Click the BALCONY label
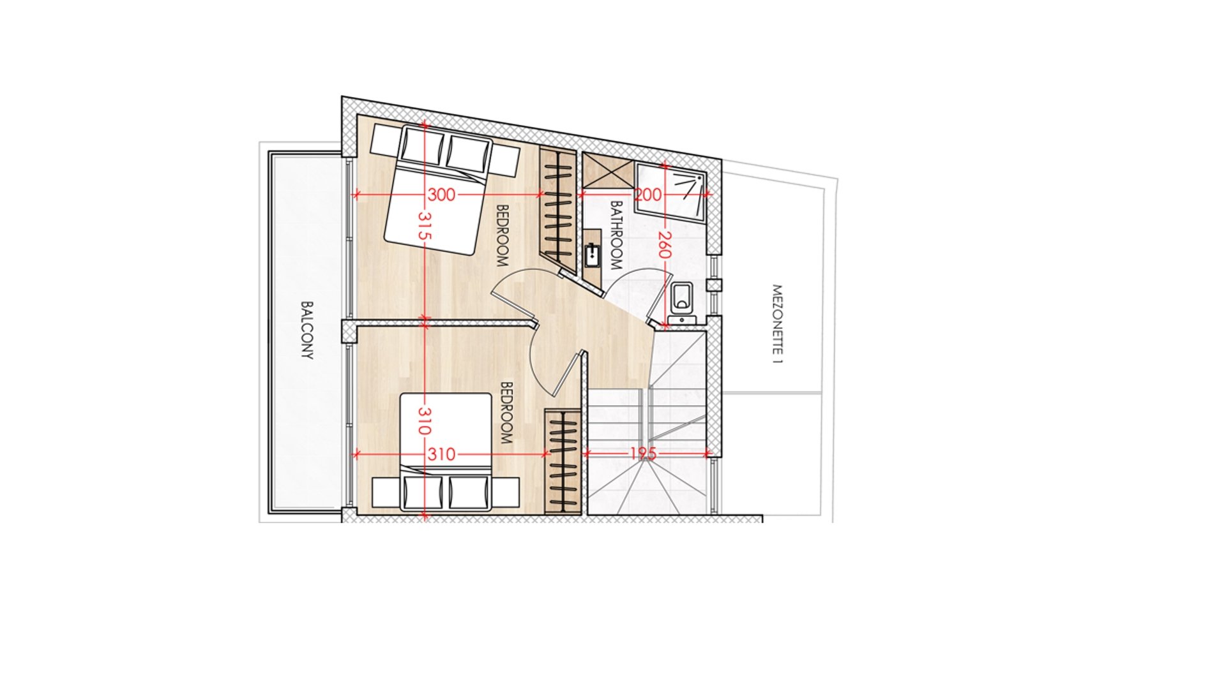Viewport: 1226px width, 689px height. (x=307, y=330)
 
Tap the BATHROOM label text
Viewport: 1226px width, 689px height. (x=616, y=235)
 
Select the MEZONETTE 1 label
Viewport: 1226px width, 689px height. (x=777, y=324)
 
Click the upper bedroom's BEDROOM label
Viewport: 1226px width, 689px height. (x=502, y=235)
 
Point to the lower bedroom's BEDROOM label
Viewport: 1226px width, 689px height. (x=506, y=413)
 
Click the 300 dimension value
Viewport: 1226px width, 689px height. (x=441, y=195)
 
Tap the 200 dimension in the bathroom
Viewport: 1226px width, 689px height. (x=647, y=195)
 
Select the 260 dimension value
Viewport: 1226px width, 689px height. (x=665, y=245)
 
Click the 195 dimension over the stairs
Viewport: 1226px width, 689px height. (x=643, y=454)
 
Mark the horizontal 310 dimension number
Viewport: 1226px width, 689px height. (x=441, y=454)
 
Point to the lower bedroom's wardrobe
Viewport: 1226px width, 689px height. (x=563, y=461)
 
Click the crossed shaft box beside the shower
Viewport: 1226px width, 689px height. (x=607, y=170)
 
